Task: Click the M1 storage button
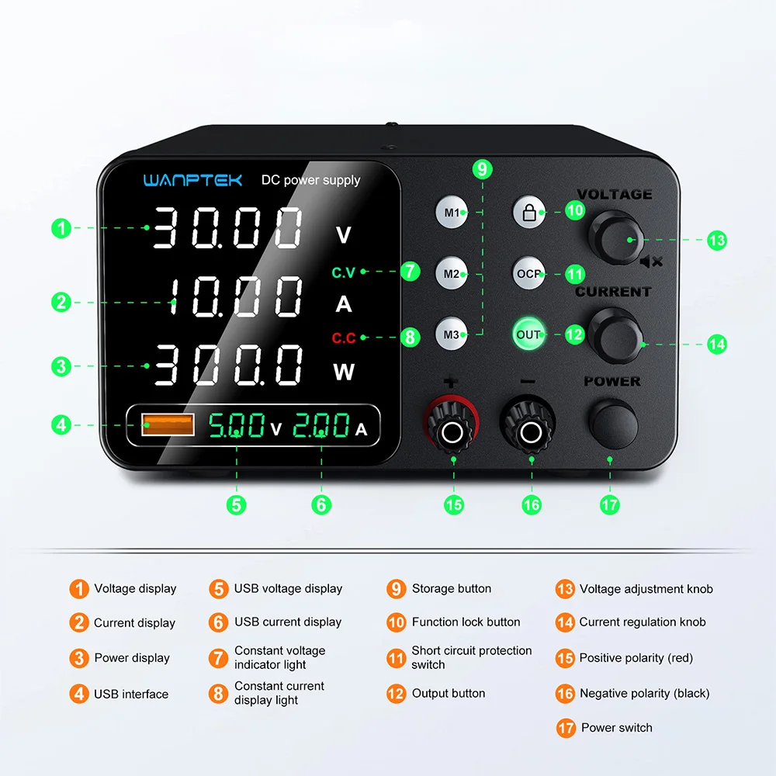[x=452, y=212]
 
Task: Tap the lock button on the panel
[x=529, y=212]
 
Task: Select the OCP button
[x=529, y=273]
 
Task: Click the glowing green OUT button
[x=528, y=334]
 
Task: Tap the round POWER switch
[x=613, y=424]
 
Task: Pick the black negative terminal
[x=532, y=429]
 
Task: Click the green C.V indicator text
[x=343, y=272]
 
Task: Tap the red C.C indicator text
[x=343, y=338]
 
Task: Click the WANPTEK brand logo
[x=192, y=180]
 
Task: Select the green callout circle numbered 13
[x=717, y=240]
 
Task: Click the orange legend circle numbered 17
[x=566, y=728]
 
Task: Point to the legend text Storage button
[x=451, y=589]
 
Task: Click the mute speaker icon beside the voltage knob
[x=651, y=262]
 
